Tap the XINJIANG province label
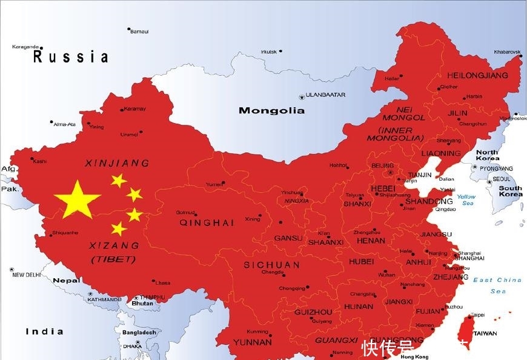(x=117, y=163)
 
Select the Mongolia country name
(x=271, y=110)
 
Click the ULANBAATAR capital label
(x=325, y=95)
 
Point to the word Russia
(x=71, y=58)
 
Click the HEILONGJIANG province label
(x=477, y=76)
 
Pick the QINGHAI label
(x=207, y=222)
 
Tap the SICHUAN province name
(x=272, y=265)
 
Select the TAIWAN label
(x=485, y=333)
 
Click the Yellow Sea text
(x=466, y=200)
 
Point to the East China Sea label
(x=497, y=285)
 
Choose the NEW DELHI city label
(x=27, y=275)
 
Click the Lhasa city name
(x=162, y=283)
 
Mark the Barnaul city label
(x=139, y=32)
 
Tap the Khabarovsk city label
(x=507, y=52)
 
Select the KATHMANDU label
(x=104, y=299)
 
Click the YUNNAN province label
(x=252, y=342)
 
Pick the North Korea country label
(x=487, y=155)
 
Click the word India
(x=44, y=332)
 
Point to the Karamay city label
(x=135, y=109)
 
